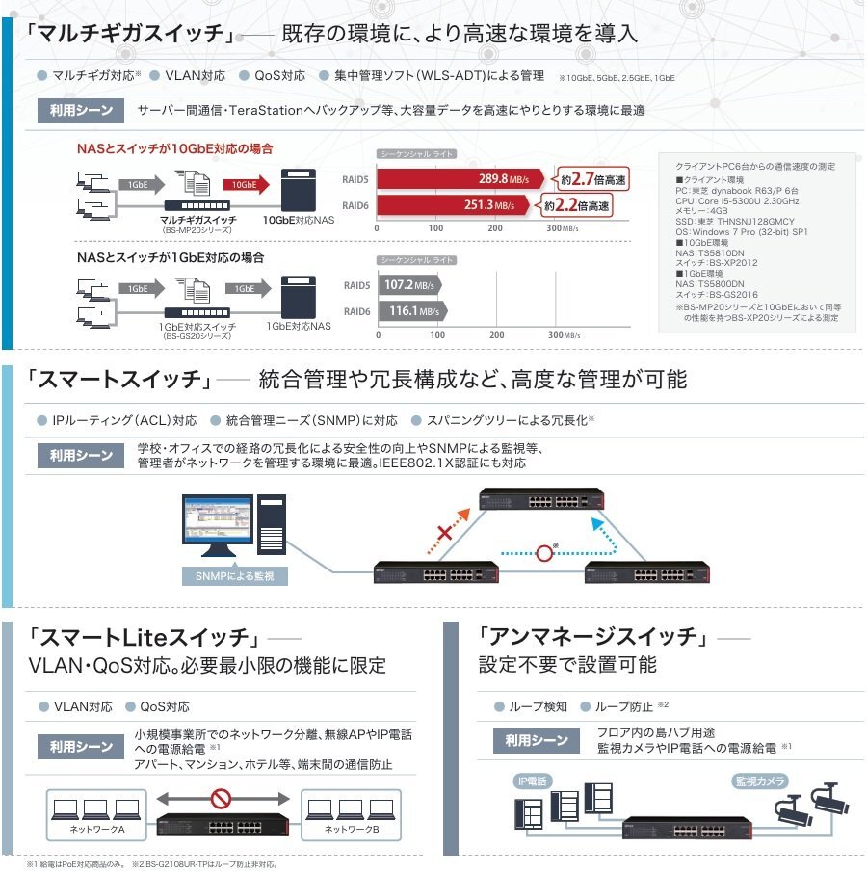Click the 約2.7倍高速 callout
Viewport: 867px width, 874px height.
(x=587, y=178)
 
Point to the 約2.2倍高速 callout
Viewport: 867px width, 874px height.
(x=576, y=205)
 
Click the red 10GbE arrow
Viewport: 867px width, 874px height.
(x=245, y=184)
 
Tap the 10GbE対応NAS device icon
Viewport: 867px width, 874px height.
(x=298, y=189)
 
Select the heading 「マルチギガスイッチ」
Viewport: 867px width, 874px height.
(x=144, y=34)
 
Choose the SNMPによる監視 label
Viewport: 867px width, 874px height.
(x=234, y=576)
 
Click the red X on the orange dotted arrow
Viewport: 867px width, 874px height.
(x=445, y=534)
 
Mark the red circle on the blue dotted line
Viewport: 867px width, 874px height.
(x=546, y=553)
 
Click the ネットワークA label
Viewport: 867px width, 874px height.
(x=96, y=829)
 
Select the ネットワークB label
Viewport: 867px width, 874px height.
(x=352, y=829)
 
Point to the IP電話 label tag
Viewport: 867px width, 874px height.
(x=533, y=781)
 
